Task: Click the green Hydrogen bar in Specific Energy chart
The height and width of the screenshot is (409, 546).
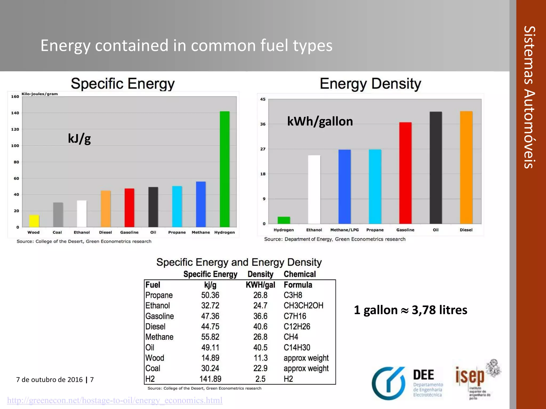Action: pyautogui.click(x=224, y=169)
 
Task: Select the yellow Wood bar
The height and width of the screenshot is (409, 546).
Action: pyautogui.click(x=34, y=221)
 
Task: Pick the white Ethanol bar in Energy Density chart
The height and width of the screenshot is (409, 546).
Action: pyautogui.click(x=314, y=189)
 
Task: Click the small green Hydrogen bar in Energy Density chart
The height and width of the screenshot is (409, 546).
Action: pyautogui.click(x=284, y=220)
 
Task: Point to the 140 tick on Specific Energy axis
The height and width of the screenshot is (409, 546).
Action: pyautogui.click(x=15, y=113)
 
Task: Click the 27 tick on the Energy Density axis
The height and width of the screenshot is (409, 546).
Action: pyautogui.click(x=263, y=149)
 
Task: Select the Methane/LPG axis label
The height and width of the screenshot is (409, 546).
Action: pyautogui.click(x=344, y=230)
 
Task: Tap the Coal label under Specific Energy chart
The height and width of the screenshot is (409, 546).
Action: pyautogui.click(x=57, y=232)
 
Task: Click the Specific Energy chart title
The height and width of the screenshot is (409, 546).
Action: pyautogui.click(x=123, y=84)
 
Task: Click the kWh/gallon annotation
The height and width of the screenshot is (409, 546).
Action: pyautogui.click(x=320, y=121)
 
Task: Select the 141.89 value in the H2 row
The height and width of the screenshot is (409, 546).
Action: pyautogui.click(x=210, y=379)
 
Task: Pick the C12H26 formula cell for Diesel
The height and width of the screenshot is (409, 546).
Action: pyautogui.click(x=297, y=326)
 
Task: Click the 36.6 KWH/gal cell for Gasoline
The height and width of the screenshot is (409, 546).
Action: pyautogui.click(x=260, y=316)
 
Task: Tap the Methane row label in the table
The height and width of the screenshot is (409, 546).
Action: pyautogui.click(x=159, y=337)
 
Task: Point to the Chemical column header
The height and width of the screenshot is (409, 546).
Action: pyautogui.click(x=300, y=274)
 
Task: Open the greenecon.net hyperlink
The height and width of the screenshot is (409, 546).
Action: pyautogui.click(x=115, y=400)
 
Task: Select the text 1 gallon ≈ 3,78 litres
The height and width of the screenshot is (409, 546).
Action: pyautogui.click(x=410, y=310)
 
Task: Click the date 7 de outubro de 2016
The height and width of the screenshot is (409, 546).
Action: pyautogui.click(x=49, y=379)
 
